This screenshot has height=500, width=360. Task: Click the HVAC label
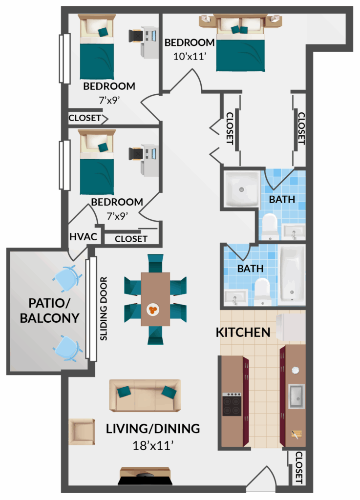(83, 237)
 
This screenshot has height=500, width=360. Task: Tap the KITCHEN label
(243, 332)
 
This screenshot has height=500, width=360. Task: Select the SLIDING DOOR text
(104, 309)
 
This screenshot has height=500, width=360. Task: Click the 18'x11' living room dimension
(153, 445)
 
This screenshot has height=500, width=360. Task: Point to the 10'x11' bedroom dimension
(190, 56)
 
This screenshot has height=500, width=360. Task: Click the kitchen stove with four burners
(232, 404)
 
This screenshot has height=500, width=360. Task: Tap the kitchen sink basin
(296, 396)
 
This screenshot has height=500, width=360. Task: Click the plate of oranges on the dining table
(153, 309)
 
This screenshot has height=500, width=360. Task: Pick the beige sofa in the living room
(145, 396)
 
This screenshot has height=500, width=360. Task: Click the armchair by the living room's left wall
(82, 432)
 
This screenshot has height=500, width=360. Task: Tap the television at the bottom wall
(145, 477)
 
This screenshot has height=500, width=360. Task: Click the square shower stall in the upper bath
(242, 189)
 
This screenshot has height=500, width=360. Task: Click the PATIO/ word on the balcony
(49, 303)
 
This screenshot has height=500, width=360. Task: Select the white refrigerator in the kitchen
(291, 328)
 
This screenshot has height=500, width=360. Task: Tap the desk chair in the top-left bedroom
(136, 36)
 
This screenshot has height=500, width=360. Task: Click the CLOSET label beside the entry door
(299, 467)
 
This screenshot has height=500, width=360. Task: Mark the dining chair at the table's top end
(156, 263)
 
